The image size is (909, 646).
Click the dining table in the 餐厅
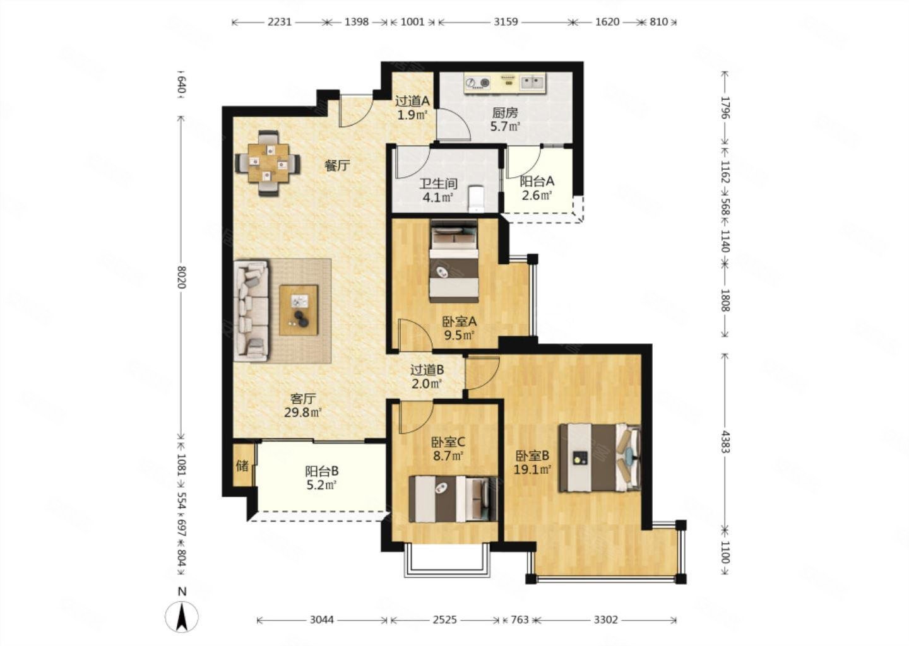[269, 163]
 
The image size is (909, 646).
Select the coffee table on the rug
[299, 310]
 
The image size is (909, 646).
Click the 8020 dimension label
[181, 278]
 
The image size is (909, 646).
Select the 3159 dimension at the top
[506, 22]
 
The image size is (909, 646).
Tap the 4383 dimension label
[725, 442]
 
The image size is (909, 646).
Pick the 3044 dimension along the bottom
[321, 620]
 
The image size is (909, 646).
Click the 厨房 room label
[505, 112]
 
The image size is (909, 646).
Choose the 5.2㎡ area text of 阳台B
[321, 484]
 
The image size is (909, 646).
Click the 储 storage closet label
[242, 466]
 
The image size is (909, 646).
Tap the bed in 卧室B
[600, 458]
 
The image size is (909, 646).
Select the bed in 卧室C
[453, 499]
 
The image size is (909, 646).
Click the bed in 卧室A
[454, 261]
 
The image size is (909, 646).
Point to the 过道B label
[427, 370]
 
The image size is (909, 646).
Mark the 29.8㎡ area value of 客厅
[303, 413]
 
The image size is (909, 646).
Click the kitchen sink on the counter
[532, 83]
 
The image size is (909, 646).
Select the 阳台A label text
[537, 181]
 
